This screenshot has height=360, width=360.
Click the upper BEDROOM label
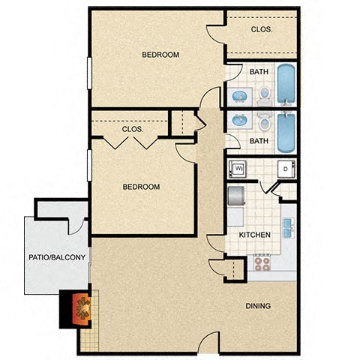coord(160,55)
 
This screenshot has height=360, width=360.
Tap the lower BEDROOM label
coord(141,187)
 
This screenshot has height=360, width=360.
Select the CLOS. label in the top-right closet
coord(262,29)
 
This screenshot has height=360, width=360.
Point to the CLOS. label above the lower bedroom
coord(133,129)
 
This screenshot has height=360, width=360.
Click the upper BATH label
coord(259,72)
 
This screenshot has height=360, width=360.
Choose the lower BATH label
coord(259,140)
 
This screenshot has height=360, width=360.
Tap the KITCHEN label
coord(254,235)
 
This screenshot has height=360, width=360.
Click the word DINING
coord(257,306)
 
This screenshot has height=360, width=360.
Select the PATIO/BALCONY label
coord(57,258)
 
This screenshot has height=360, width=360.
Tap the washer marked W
coord(238,168)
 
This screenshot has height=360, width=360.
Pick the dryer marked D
coord(286,168)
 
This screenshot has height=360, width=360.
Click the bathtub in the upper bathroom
coord(286,84)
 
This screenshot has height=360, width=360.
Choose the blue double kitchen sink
coord(289,226)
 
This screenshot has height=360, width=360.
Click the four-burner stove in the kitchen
coord(262,262)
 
